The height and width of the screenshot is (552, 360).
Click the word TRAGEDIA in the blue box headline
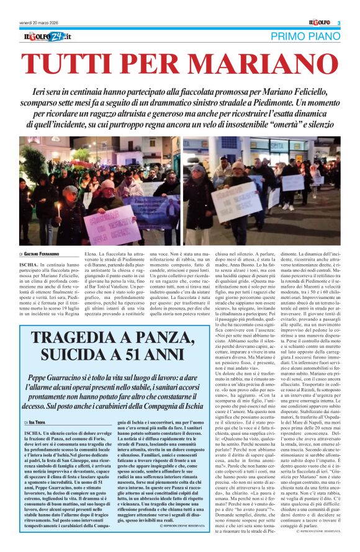click(x=77, y=339)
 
